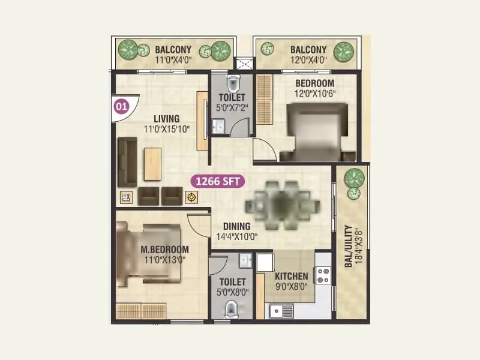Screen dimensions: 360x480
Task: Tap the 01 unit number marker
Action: click(x=121, y=107)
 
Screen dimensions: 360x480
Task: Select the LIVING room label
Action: click(x=166, y=119)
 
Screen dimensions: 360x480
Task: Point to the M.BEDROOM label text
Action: click(x=164, y=250)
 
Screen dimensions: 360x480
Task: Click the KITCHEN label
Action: click(x=292, y=277)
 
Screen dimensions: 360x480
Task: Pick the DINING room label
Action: click(x=236, y=226)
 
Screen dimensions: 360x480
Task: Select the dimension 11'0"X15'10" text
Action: click(x=167, y=128)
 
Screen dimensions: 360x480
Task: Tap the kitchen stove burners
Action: click(x=323, y=275)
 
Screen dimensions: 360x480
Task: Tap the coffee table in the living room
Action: click(x=152, y=163)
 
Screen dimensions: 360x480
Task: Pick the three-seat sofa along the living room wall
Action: click(x=126, y=161)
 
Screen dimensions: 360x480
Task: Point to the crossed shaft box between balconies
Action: click(x=244, y=64)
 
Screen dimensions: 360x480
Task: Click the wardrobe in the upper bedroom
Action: click(x=264, y=100)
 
